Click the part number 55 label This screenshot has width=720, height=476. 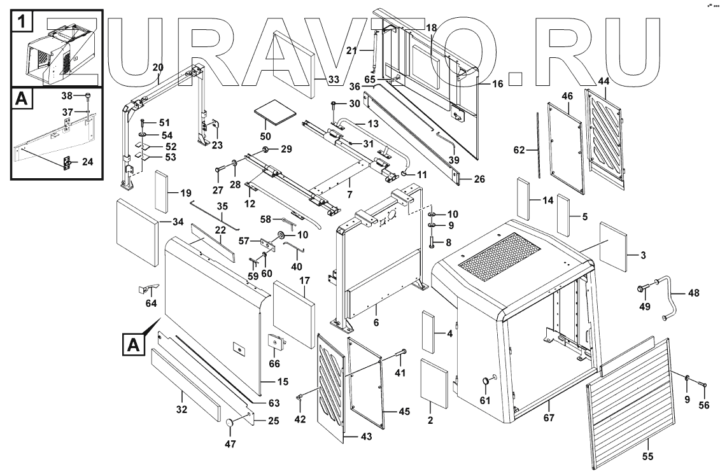coord(647,456)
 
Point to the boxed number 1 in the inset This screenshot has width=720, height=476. coord(22,23)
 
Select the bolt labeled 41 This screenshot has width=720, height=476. coord(403,354)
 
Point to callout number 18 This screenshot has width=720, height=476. coord(431,28)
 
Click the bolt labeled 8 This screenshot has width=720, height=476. coord(432,242)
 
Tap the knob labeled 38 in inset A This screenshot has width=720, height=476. coord(85,96)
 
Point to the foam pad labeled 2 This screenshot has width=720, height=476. coord(433,383)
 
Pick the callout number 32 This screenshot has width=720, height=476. coord(182,410)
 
